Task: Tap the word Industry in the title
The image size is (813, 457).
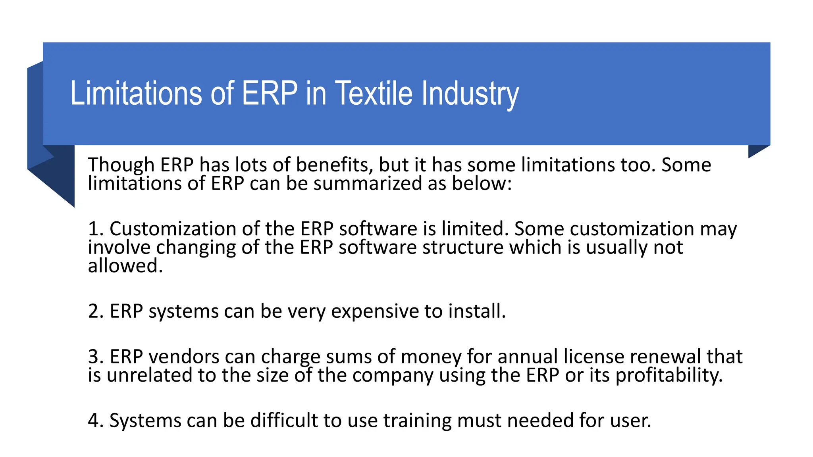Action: pyautogui.click(x=470, y=94)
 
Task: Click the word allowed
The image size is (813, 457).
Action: pyautogui.click(x=125, y=266)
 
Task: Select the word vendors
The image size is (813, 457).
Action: pyautogui.click(x=184, y=357)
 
